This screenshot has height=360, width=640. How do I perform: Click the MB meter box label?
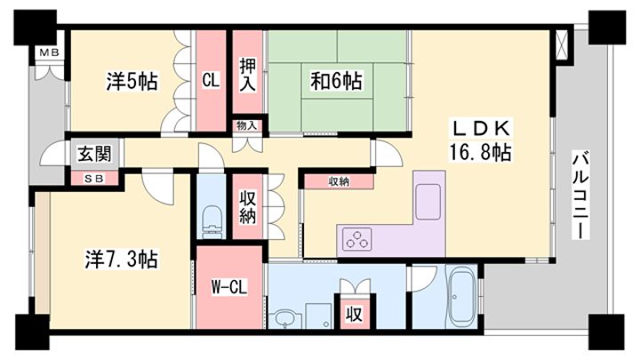pos(50,52)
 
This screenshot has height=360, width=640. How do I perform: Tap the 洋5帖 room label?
pos(132,81)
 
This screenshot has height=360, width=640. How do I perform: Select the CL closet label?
pos(211,80)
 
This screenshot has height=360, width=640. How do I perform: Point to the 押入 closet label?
pos(247,75)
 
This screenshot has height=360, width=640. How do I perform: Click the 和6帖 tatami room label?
pos(336,81)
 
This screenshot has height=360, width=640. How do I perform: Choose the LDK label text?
pos(480,129)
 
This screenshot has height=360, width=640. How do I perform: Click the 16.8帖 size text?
pos(480,152)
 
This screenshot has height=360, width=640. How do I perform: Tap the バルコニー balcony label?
pos(581,195)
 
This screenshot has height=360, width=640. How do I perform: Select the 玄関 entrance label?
pos(94,155)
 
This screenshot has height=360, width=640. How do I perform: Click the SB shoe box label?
pos(94,179)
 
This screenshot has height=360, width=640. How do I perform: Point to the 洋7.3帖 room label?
pos(121,259)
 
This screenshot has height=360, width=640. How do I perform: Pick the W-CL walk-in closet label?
pos(229,287)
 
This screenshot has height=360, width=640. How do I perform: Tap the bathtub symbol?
pos(460,295)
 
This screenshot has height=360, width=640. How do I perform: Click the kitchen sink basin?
pos(428,202)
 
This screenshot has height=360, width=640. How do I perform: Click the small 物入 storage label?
pos(247,125)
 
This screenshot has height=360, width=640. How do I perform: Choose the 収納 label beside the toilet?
pos(247,208)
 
